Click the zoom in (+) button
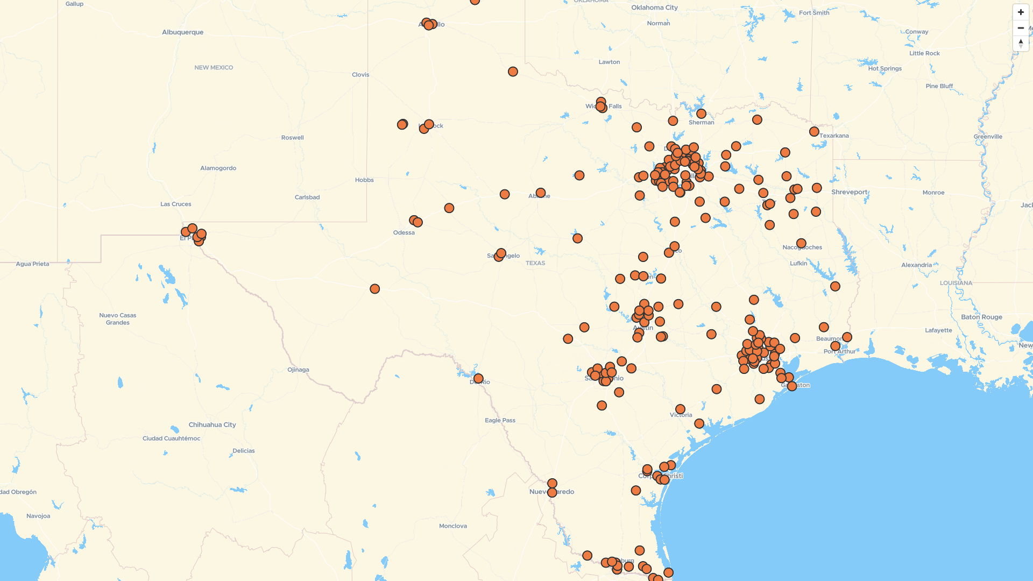tap(1021, 12)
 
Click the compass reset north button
tap(1021, 44)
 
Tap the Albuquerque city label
tap(183, 32)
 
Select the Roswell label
tap(292, 138)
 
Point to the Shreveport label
tap(849, 192)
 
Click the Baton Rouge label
tap(981, 317)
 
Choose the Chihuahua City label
tap(212, 424)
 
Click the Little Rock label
tap(924, 53)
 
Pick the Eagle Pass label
tap(500, 420)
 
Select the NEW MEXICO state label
tap(214, 68)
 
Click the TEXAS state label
tap(535, 263)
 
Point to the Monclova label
tap(452, 526)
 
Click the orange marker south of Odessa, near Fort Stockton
tap(375, 289)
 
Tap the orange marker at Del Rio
tap(478, 379)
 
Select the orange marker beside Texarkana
tap(814, 132)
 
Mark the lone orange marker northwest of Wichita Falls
tap(513, 72)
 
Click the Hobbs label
tap(364, 180)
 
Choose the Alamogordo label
tap(218, 168)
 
